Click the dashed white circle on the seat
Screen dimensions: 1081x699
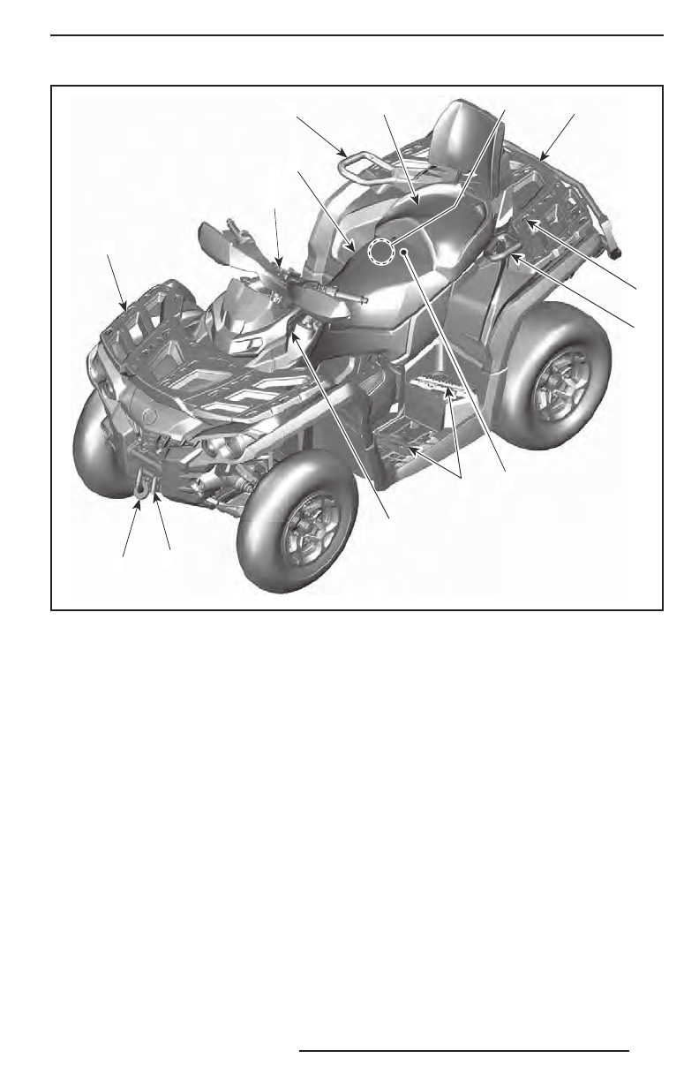380,252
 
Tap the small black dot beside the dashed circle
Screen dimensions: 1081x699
403,253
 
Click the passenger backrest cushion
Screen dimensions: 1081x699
467,132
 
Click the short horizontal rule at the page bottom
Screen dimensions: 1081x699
463,1051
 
